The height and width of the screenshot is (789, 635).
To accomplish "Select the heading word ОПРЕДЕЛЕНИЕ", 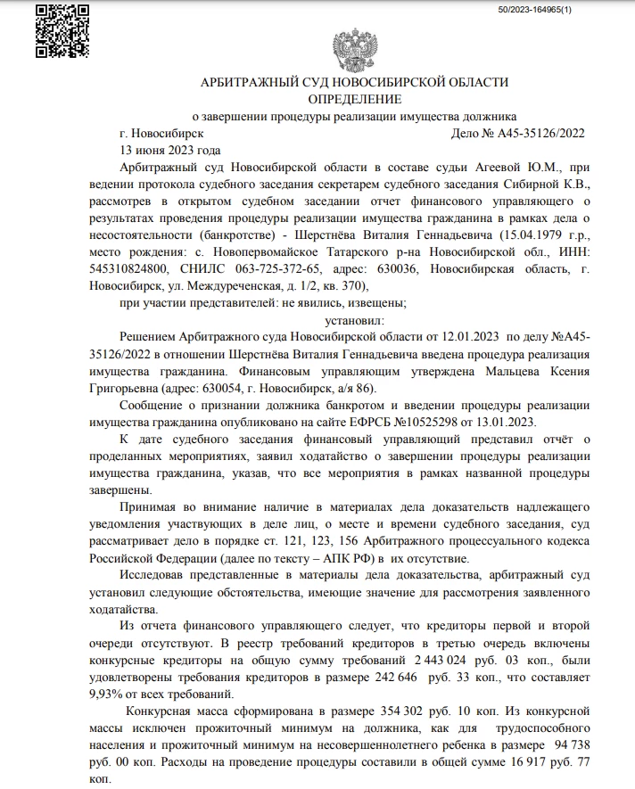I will [x=354, y=99].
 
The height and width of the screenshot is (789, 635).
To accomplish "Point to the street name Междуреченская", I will [x=266, y=286].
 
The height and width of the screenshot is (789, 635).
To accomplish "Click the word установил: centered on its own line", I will [x=354, y=319].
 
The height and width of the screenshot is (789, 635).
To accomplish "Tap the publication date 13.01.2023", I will [x=505, y=421].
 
